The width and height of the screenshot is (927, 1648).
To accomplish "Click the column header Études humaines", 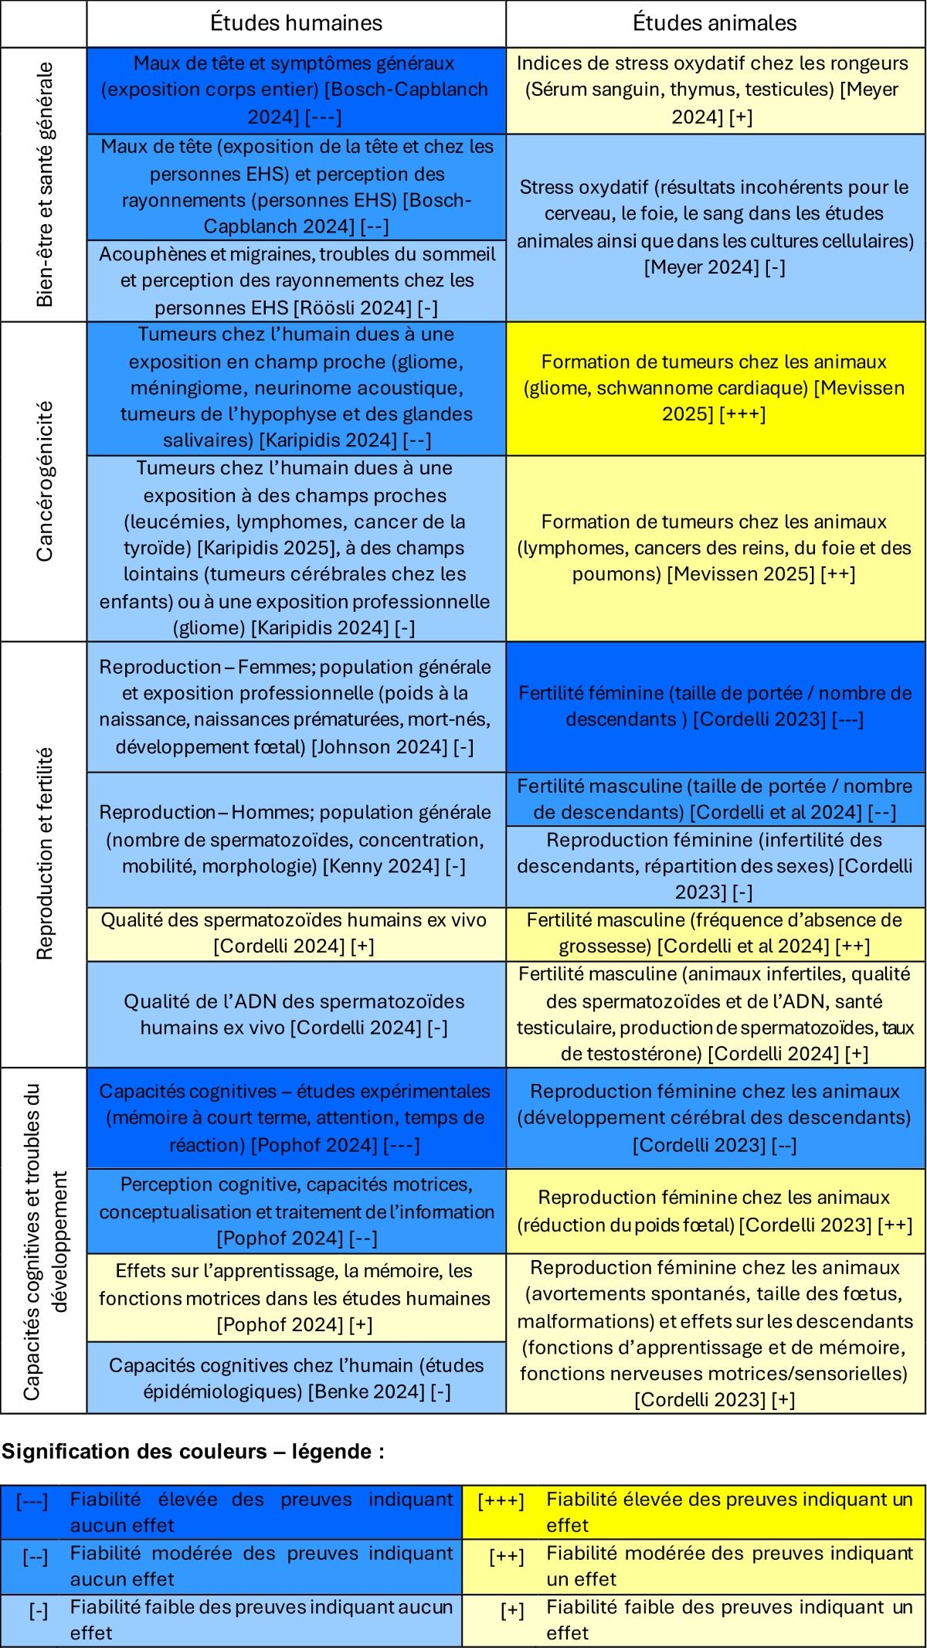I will (x=296, y=23).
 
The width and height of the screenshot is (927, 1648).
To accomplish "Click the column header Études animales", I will (x=715, y=23).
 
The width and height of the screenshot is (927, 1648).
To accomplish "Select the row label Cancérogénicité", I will (x=44, y=481).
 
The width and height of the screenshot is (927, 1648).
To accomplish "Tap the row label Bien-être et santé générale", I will (x=44, y=185).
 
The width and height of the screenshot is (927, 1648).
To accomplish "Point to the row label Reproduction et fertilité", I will (x=44, y=854).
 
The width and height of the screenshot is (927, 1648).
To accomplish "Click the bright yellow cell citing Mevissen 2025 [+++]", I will (x=715, y=388).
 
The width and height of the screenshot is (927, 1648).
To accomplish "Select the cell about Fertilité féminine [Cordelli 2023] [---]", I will (x=715, y=706).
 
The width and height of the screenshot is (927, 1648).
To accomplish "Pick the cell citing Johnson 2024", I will (x=296, y=706).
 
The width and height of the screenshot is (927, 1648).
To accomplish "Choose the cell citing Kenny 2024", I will (x=296, y=839).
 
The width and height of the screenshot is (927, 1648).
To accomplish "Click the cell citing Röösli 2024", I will (x=296, y=280).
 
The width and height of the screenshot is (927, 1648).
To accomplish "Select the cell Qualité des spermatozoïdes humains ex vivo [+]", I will (x=296, y=933).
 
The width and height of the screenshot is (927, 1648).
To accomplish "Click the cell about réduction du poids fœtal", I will (x=715, y=1211).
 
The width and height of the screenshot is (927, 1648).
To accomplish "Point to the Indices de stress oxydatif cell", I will (x=715, y=90).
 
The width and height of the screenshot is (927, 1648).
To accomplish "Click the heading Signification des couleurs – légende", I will (x=193, y=1452).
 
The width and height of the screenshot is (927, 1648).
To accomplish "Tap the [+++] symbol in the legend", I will (x=501, y=1500).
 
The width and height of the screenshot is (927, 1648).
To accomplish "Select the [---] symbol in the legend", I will (x=32, y=1500).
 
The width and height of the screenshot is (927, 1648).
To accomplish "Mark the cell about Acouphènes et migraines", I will (x=296, y=280).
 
